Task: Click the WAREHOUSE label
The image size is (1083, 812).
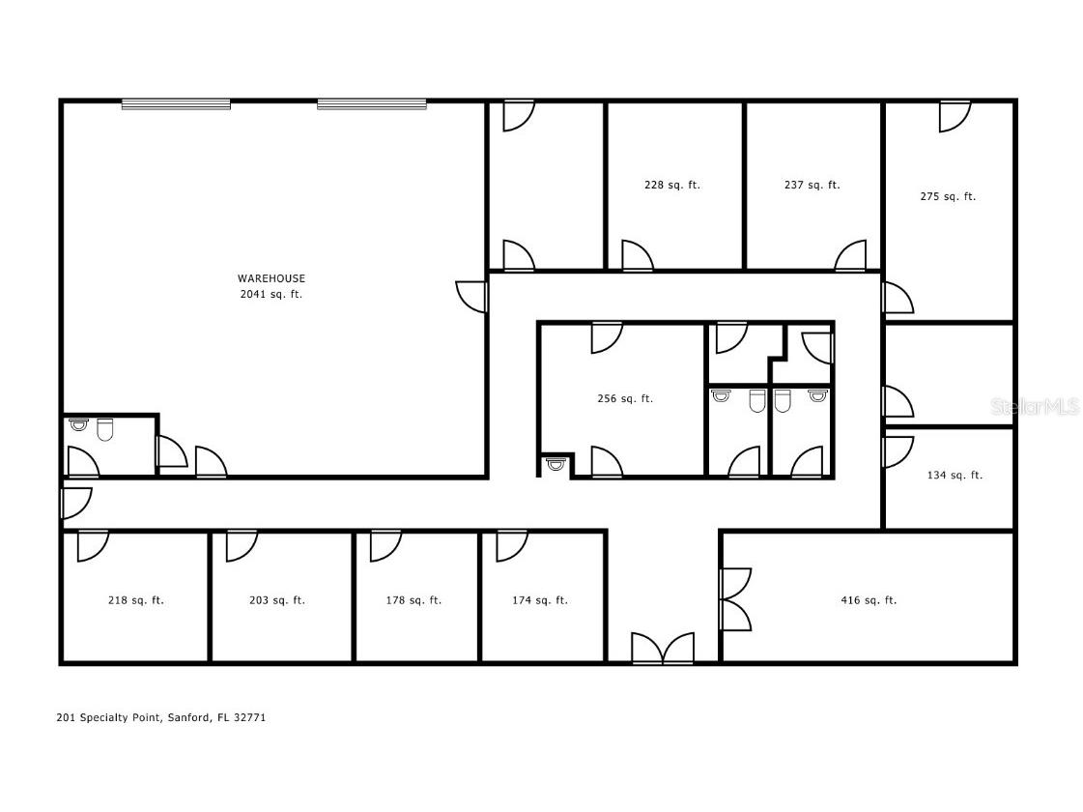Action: pos(271,278)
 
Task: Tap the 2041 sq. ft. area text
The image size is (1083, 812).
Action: pos(271,294)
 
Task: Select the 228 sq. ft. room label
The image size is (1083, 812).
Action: pos(672,185)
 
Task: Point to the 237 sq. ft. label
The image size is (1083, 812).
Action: pos(812,185)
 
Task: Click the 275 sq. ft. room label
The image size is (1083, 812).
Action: pos(948,196)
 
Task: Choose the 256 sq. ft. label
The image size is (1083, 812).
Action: pos(625,398)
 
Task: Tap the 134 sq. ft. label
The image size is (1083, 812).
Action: pos(955,475)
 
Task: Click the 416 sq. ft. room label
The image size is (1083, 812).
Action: pos(869,600)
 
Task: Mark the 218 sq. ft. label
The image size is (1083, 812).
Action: pos(136,600)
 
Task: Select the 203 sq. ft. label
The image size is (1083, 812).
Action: pos(277,600)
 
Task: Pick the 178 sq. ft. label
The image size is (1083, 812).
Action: pos(414,600)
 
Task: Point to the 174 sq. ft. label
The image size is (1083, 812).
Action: pos(540,600)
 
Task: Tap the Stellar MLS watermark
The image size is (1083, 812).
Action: pos(1035,407)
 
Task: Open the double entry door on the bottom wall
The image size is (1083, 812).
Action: pos(663,649)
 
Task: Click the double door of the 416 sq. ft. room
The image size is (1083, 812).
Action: pos(734,600)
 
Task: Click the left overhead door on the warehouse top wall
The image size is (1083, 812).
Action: pos(176,103)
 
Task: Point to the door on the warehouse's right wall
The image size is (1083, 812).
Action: pos(472,295)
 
